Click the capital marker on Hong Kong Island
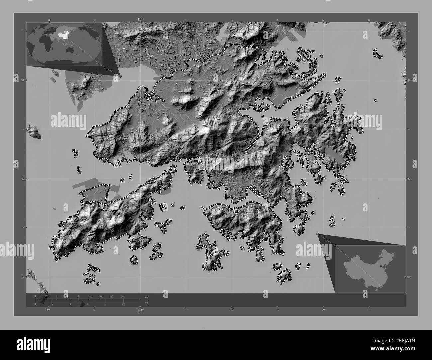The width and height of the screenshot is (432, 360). coord(236,211)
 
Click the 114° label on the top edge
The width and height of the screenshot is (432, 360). coord(140,20)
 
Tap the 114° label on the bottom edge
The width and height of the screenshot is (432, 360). coord(140,310)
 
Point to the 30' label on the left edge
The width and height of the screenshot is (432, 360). coord(16,80)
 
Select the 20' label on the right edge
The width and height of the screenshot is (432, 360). coord(409,179)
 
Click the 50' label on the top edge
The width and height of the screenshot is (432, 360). coord(49,20)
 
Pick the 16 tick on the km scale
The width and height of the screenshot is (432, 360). coord(123,296)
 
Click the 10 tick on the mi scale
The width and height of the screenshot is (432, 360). coord(123,304)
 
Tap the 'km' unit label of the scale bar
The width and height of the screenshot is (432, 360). coord(147,296)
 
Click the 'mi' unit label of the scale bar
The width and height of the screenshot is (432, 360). coord(146,302)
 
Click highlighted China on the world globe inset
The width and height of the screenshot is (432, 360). coord(61,34)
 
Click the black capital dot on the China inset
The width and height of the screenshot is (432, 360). coord(381,266)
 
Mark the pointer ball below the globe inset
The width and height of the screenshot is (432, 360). coord(120,76)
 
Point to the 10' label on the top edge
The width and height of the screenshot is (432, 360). coord(232,20)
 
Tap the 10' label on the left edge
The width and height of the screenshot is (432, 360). coord(16,277)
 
